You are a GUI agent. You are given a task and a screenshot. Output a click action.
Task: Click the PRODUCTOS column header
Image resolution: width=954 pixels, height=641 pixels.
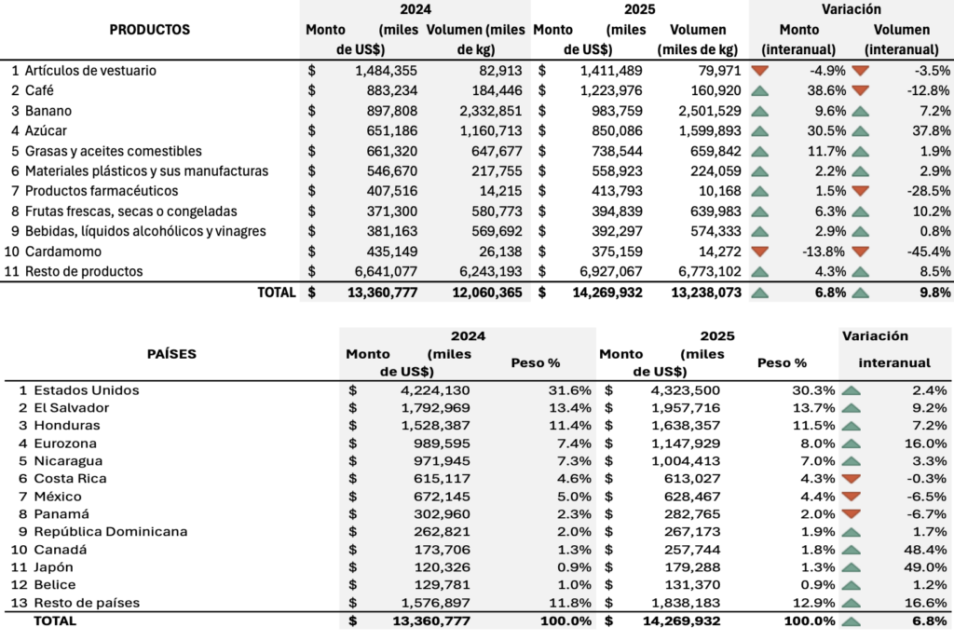pyautogui.click(x=149, y=30)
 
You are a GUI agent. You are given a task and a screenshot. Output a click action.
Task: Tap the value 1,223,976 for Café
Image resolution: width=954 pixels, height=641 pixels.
pyautogui.click(x=610, y=90)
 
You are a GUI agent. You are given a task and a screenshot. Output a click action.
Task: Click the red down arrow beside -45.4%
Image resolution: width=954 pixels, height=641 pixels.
pyautogui.click(x=859, y=252)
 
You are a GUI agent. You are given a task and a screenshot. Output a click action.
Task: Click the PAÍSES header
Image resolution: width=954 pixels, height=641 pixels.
pyautogui.click(x=171, y=354)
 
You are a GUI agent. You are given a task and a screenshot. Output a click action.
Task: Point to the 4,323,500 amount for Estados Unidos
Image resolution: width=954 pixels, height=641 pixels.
pyautogui.click(x=679, y=390)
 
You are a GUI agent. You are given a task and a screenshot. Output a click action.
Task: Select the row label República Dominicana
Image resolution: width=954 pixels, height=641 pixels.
pyautogui.click(x=110, y=532)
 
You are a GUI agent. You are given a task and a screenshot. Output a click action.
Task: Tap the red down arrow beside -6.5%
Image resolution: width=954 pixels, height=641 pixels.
pyautogui.click(x=851, y=497)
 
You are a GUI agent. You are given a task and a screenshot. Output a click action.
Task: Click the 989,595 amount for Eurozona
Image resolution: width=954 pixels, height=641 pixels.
pyautogui.click(x=439, y=443)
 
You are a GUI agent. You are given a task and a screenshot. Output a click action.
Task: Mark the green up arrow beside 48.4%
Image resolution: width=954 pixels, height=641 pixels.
pyautogui.click(x=851, y=550)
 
